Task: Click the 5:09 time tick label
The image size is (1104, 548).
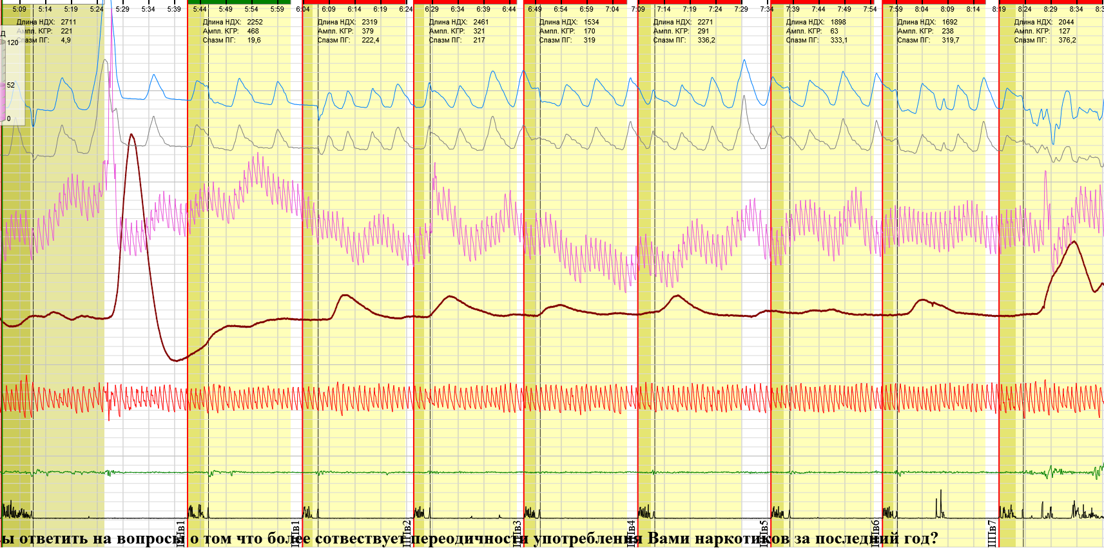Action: pyautogui.click(x=19, y=9)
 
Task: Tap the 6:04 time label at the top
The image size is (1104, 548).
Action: pyautogui.click(x=303, y=9)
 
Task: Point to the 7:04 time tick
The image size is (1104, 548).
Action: pyautogui.click(x=612, y=9)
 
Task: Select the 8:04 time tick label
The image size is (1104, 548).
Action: pyautogui.click(x=922, y=9)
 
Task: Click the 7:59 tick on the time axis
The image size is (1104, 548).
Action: pyautogui.click(x=896, y=9)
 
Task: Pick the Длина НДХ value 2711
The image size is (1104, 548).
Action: pyautogui.click(x=68, y=22)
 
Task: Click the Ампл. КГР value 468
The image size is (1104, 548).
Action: pyautogui.click(x=253, y=31)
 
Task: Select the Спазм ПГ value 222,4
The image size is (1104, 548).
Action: pyautogui.click(x=370, y=40)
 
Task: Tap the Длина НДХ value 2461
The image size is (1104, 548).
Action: pyautogui.click(x=481, y=22)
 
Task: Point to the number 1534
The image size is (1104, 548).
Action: pyautogui.click(x=591, y=22)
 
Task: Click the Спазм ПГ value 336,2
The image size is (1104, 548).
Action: pyautogui.click(x=706, y=40)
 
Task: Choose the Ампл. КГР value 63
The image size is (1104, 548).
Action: pyautogui.click(x=834, y=31)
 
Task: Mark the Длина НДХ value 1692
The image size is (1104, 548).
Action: pyautogui.click(x=949, y=22)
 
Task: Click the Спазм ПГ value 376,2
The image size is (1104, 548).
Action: pyautogui.click(x=1067, y=40)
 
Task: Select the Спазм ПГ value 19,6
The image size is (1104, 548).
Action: pyautogui.click(x=254, y=40)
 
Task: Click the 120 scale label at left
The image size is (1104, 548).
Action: pyautogui.click(x=13, y=43)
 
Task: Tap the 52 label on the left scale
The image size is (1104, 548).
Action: pyautogui.click(x=10, y=85)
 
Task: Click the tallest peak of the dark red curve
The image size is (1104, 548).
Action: pyautogui.click(x=131, y=135)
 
